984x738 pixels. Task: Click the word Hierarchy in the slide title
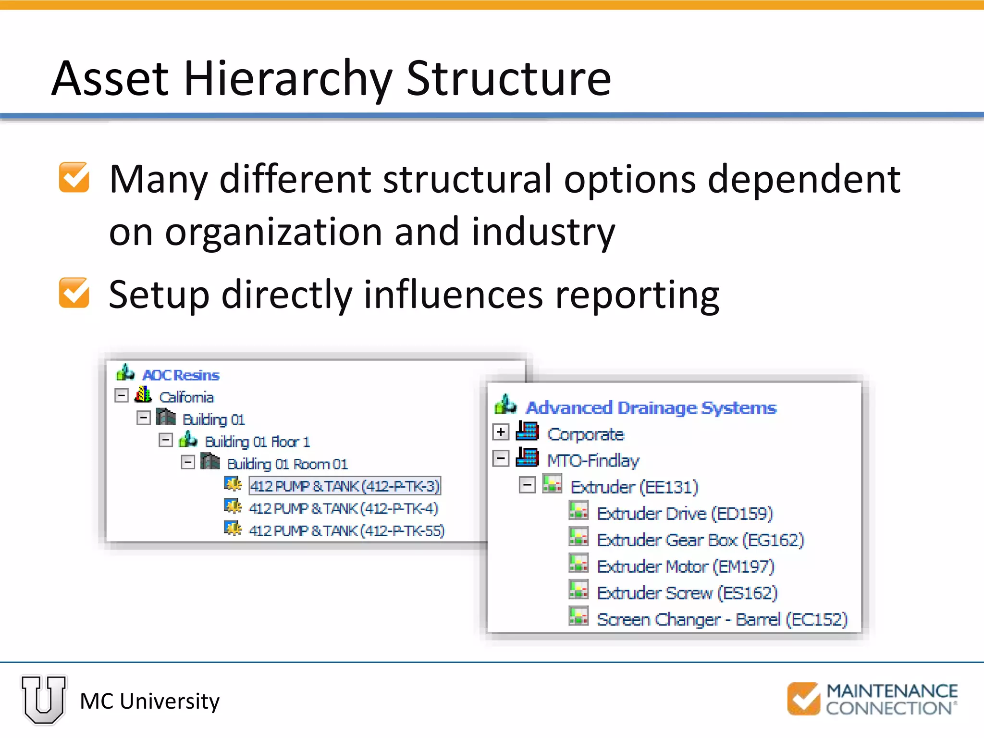coord(288,79)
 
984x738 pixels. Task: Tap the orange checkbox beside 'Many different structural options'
coord(74,177)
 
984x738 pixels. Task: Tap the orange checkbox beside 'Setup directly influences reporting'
coord(74,293)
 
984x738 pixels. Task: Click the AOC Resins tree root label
coord(181,375)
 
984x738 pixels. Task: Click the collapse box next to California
coord(122,396)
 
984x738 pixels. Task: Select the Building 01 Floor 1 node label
coord(257,442)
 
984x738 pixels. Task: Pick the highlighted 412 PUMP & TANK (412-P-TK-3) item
coord(344,486)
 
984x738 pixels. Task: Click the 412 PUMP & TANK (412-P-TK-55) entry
coord(346,530)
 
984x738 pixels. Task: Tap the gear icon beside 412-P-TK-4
coord(233,506)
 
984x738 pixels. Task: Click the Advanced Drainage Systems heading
coord(651,408)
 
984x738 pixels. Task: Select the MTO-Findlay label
coord(593,461)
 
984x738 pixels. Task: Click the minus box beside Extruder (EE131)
coord(527,485)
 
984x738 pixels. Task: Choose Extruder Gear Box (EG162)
coord(700,540)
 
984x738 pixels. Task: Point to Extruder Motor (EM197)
coord(686,566)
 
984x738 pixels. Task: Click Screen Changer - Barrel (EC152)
coord(722,619)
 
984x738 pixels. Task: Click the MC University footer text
coord(149,701)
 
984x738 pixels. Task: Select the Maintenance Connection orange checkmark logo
coord(803,699)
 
